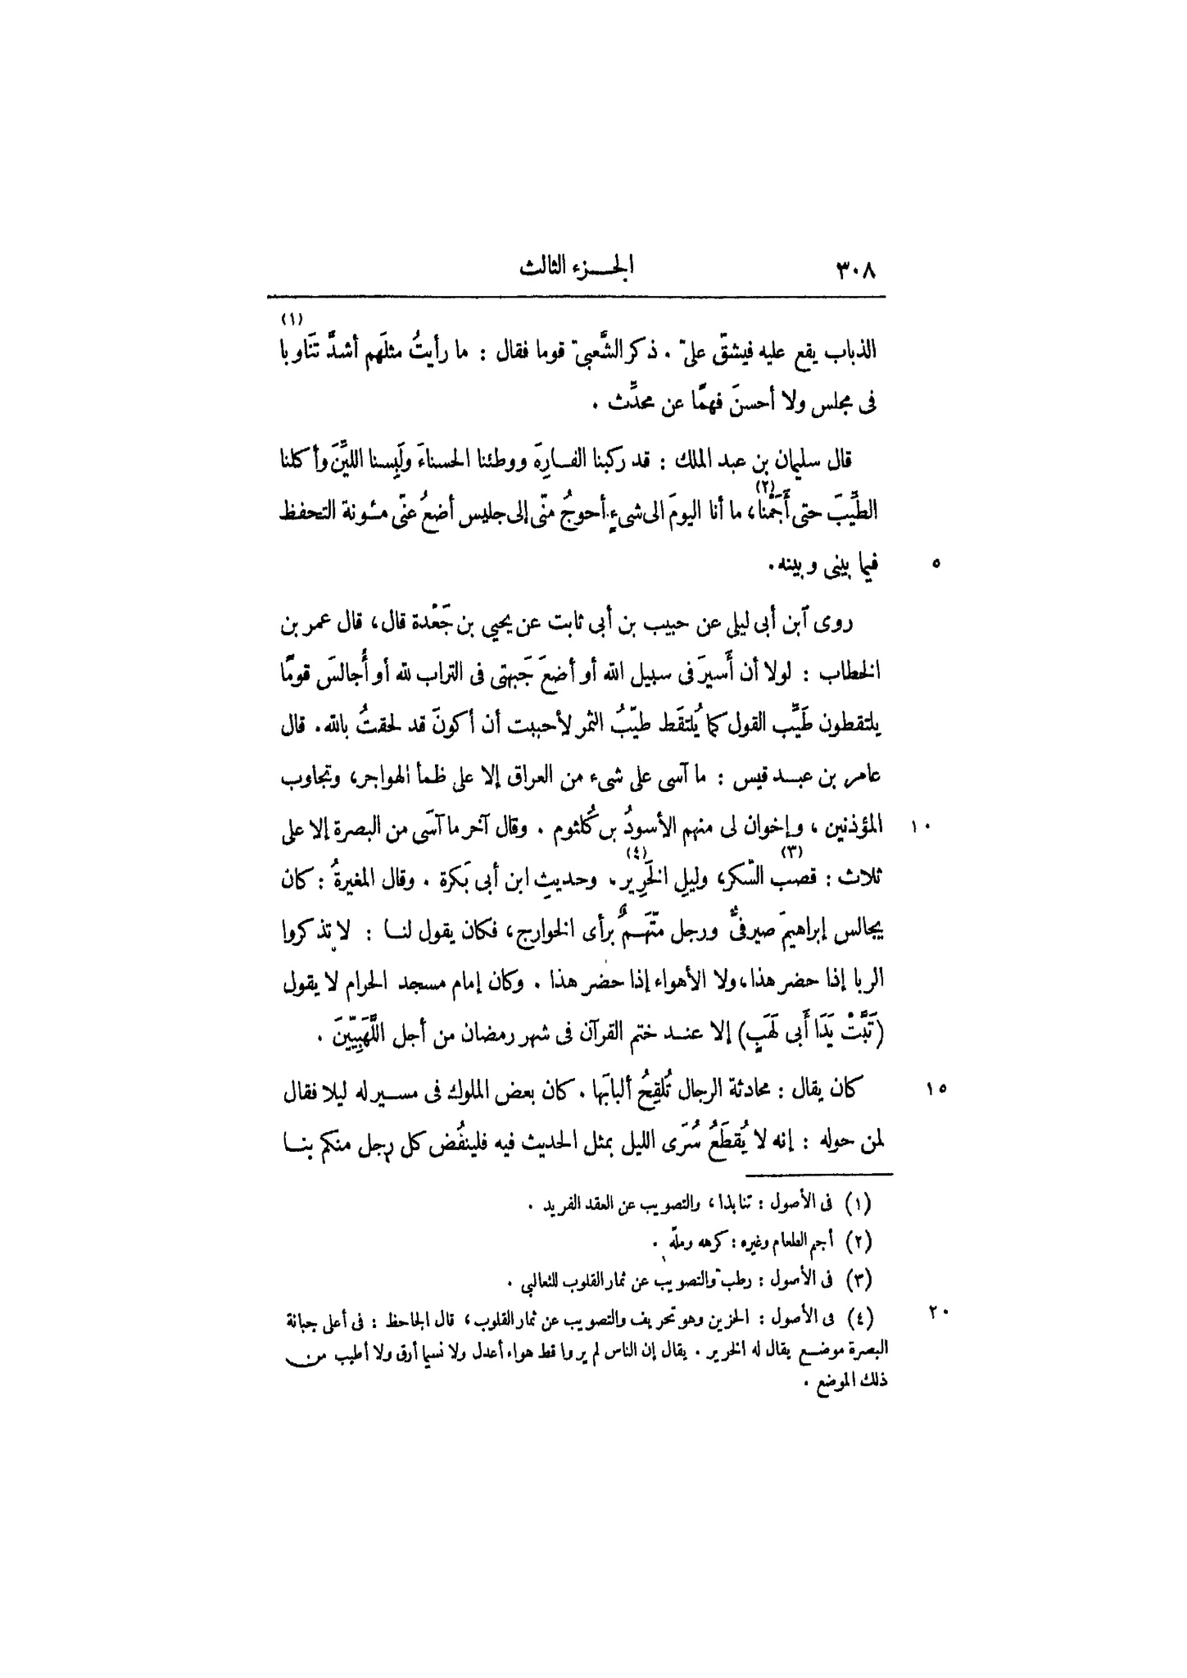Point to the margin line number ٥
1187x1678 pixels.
pos(937,564)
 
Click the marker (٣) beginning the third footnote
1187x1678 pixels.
pos(862,1280)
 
